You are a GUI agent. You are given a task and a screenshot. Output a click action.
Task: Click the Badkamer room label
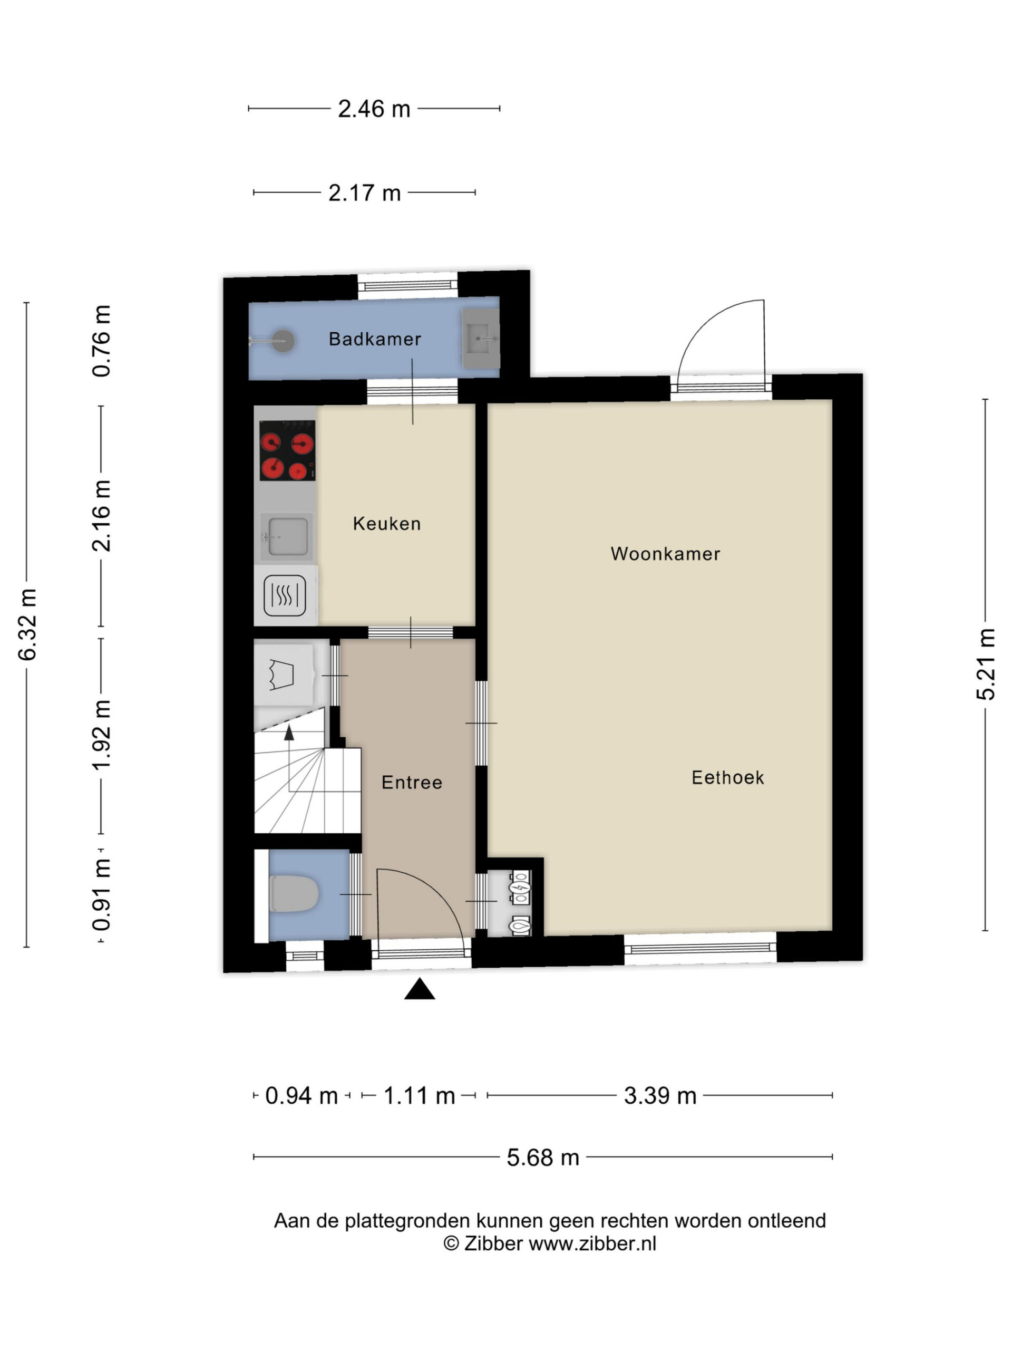click(375, 339)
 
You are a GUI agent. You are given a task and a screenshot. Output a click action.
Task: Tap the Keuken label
click(387, 523)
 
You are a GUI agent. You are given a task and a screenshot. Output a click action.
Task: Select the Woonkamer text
click(665, 554)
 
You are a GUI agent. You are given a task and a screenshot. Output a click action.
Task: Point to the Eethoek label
click(727, 777)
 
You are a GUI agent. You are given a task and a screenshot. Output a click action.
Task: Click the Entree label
click(412, 782)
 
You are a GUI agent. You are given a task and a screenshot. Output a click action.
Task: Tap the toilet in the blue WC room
click(294, 893)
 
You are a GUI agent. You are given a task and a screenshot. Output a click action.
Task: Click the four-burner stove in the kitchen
click(287, 450)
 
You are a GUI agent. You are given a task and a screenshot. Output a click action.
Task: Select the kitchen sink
click(287, 536)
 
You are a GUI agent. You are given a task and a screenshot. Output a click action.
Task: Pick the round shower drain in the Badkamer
click(283, 341)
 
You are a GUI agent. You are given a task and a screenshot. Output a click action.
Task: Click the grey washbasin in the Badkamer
click(481, 338)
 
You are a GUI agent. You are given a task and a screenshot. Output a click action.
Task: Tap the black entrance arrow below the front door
click(420, 989)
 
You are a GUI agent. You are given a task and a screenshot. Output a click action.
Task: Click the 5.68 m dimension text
click(542, 1157)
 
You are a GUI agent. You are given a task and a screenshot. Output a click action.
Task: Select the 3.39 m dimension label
click(660, 1095)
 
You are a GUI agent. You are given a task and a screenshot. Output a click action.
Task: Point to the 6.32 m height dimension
click(28, 624)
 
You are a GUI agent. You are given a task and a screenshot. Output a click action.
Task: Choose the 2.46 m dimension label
click(374, 109)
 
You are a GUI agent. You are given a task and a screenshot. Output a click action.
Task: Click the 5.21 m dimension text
click(986, 664)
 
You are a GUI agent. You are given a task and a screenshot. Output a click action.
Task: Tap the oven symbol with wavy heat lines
click(285, 595)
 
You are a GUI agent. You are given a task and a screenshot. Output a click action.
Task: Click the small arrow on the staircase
click(289, 732)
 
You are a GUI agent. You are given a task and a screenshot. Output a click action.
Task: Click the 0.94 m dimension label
click(301, 1095)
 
